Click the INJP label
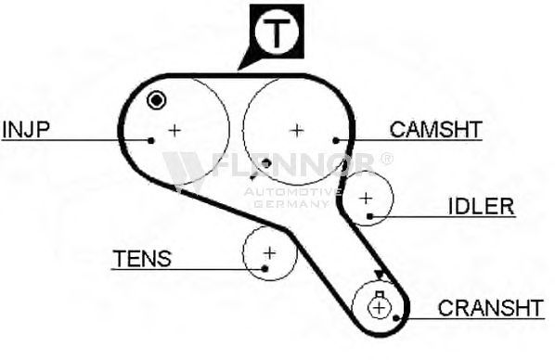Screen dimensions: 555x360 click(x=26, y=129)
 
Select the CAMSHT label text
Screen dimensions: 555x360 click(x=435, y=129)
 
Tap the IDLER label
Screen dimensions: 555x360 click(x=481, y=206)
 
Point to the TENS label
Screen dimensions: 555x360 click(x=142, y=259)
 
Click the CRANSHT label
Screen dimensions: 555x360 click(x=491, y=308)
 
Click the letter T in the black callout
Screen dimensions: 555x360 click(x=277, y=32)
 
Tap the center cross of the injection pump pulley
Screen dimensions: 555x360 click(x=174, y=131)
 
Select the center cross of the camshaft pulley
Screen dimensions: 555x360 click(x=297, y=131)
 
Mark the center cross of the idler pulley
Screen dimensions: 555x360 click(x=366, y=198)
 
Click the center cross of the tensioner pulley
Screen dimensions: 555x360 click(x=270, y=253)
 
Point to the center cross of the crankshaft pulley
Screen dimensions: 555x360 click(x=379, y=308)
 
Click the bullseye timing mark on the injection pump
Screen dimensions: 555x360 click(x=157, y=101)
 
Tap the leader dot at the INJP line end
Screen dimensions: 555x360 click(x=151, y=141)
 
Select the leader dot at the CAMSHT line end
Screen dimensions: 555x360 click(x=336, y=141)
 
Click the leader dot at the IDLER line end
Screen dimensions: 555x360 click(x=370, y=216)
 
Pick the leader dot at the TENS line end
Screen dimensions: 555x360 click(x=265, y=269)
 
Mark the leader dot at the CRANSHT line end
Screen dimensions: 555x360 click(x=396, y=318)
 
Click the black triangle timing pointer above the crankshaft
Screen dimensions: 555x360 click(x=379, y=275)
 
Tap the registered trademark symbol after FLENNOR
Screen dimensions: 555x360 click(x=386, y=159)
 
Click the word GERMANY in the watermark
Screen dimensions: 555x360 click(x=290, y=204)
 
